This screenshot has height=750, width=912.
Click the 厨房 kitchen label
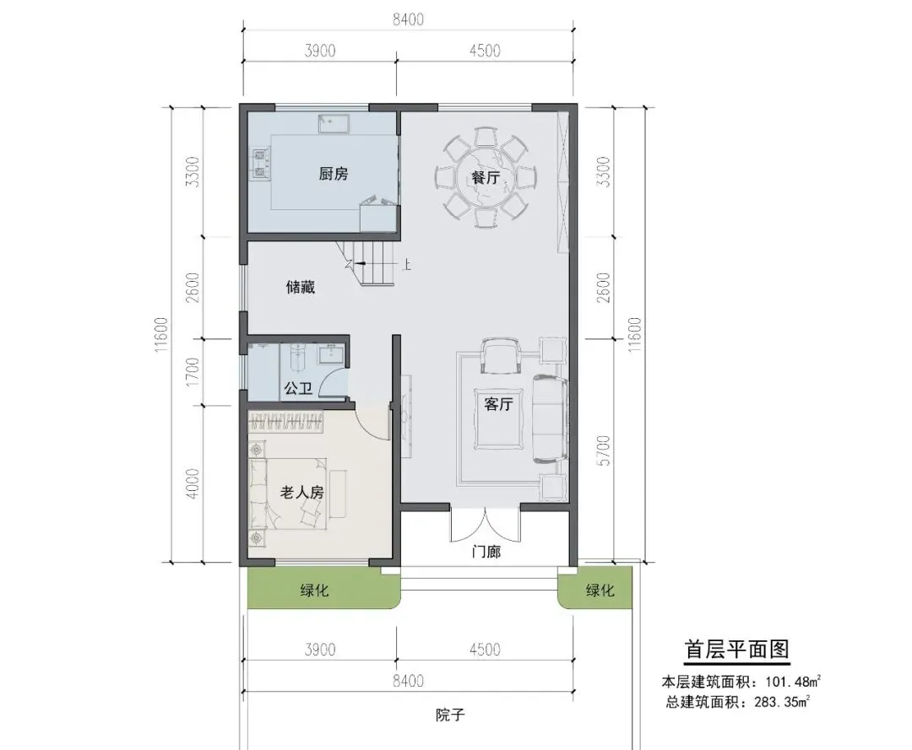click(x=334, y=174)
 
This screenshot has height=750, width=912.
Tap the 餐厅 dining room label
click(x=486, y=177)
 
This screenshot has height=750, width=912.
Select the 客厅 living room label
click(x=498, y=404)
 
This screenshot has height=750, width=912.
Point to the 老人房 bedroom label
click(x=301, y=493)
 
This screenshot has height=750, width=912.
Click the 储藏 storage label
click(x=301, y=287)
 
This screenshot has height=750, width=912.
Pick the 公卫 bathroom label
click(x=298, y=388)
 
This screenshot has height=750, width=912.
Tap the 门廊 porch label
click(x=486, y=551)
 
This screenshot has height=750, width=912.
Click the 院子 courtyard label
click(x=450, y=715)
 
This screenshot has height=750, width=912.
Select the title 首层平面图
click(x=737, y=650)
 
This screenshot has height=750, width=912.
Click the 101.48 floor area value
click(x=784, y=682)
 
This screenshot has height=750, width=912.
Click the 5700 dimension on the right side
click(x=605, y=451)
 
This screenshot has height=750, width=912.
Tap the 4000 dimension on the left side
click(x=193, y=483)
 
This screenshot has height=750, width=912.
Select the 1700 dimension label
click(x=193, y=372)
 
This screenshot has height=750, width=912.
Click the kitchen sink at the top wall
click(x=334, y=124)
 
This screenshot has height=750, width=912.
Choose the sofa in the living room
click(x=550, y=418)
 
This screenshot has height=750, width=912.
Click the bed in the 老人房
click(x=288, y=494)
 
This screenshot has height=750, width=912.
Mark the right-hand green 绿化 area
click(x=595, y=588)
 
